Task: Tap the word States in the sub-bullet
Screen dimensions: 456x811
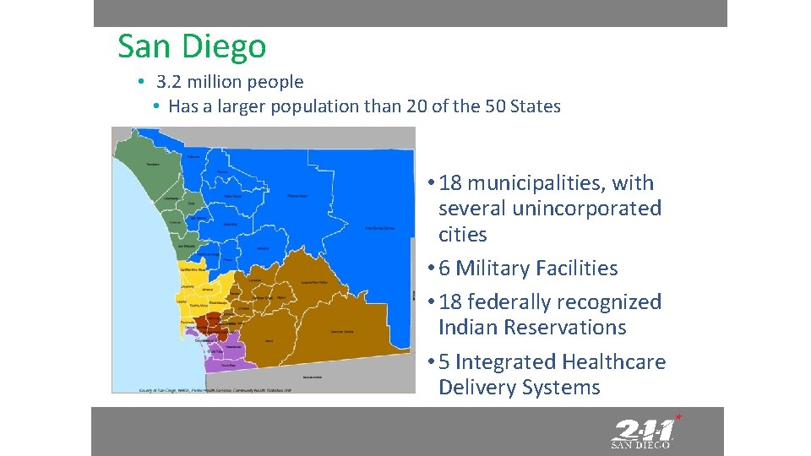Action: (536, 106)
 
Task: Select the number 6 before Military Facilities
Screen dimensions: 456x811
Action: (444, 269)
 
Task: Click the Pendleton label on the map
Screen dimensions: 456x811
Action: (153, 164)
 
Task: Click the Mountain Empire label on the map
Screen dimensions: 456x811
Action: (341, 331)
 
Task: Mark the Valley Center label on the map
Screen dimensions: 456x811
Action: (232, 196)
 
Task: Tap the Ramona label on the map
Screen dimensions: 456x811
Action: (264, 249)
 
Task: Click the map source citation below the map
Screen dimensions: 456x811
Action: (215, 390)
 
